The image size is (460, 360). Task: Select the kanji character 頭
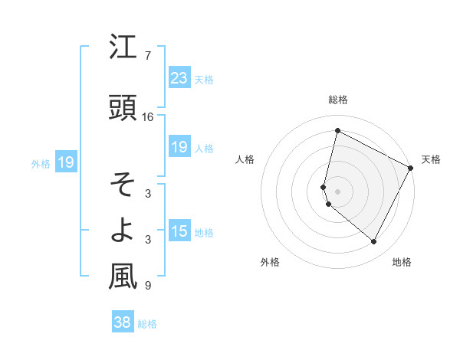click(x=123, y=108)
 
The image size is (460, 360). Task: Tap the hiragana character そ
click(x=123, y=185)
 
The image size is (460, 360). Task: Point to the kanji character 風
click(x=123, y=277)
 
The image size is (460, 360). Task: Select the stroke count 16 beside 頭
click(x=148, y=117)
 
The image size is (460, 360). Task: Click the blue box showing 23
click(x=179, y=77)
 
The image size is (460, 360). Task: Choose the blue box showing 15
click(x=179, y=231)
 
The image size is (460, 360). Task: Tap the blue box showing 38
click(x=122, y=322)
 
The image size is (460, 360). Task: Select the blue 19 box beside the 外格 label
click(x=65, y=162)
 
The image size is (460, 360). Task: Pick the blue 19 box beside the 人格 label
click(x=179, y=147)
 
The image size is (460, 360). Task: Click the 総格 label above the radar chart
click(x=338, y=100)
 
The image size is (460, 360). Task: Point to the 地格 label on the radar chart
click(x=402, y=262)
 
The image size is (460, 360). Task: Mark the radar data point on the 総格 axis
click(x=337, y=131)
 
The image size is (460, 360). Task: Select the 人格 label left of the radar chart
click(x=245, y=159)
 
